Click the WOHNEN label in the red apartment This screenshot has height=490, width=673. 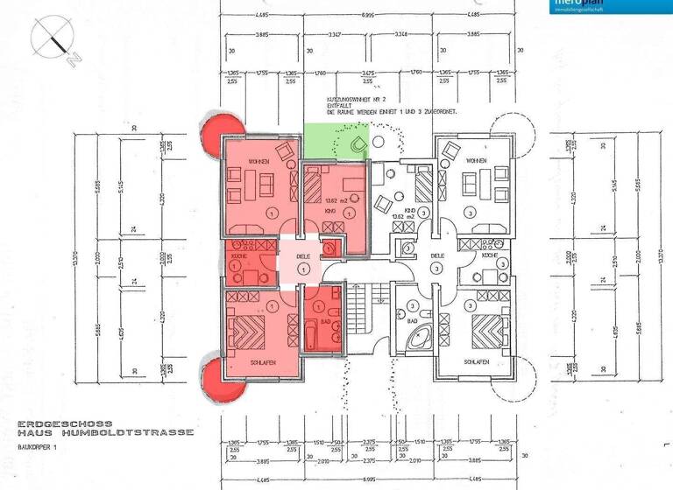(258, 162)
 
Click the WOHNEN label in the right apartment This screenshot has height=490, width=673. (476, 162)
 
